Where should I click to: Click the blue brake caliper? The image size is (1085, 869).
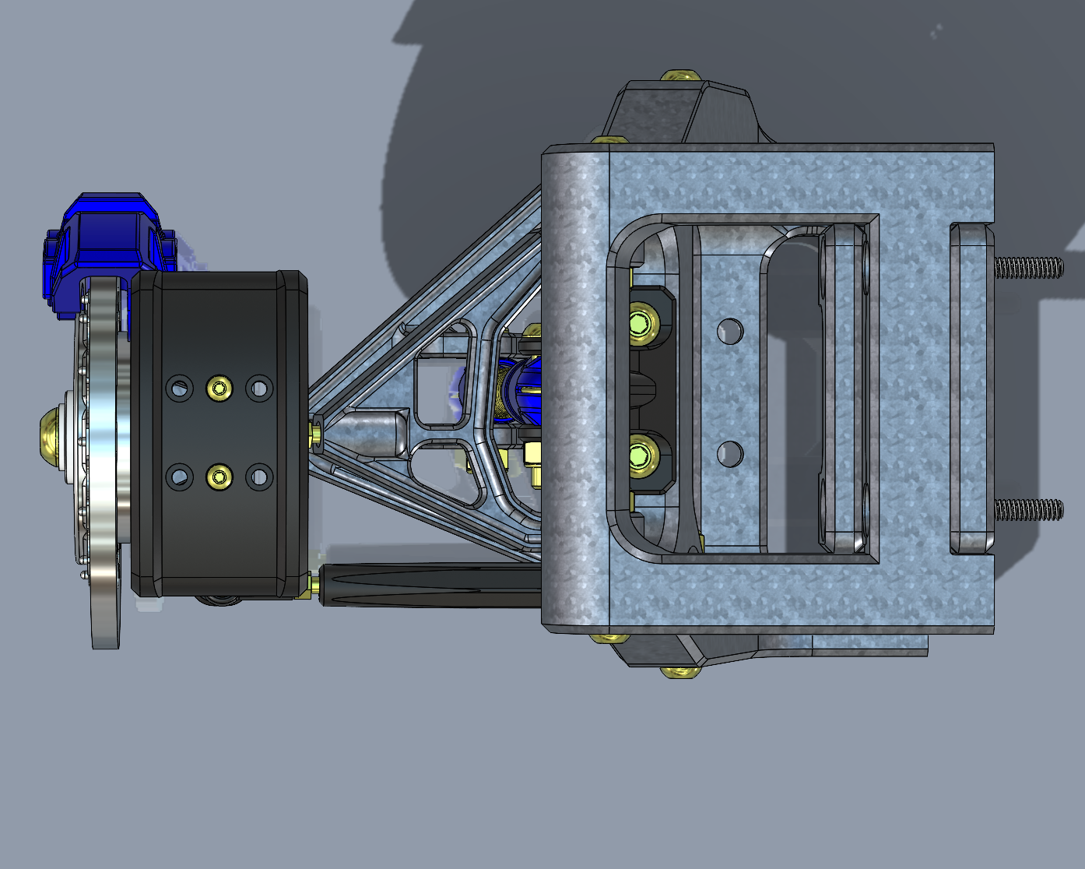pos(105,241)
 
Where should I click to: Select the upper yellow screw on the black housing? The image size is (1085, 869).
pos(219,388)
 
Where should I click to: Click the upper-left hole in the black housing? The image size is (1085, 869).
pos(180,387)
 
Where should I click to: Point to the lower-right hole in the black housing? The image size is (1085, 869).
pos(259,477)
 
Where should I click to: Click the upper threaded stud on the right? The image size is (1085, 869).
pos(1027,268)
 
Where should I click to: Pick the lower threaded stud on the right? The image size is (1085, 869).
pos(1027,511)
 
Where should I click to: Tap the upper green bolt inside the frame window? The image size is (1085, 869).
pos(641,322)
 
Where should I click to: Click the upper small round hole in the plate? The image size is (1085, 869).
pos(729,332)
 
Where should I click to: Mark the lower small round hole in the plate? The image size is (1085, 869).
pos(729,453)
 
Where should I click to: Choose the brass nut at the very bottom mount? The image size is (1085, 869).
pos(679,670)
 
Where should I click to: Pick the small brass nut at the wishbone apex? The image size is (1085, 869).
pos(318,433)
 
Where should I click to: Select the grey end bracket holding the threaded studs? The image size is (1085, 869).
pos(971,389)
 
